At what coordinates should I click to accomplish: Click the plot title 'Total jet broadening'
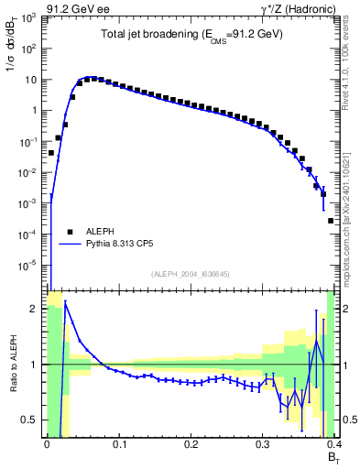pos(191,34)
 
